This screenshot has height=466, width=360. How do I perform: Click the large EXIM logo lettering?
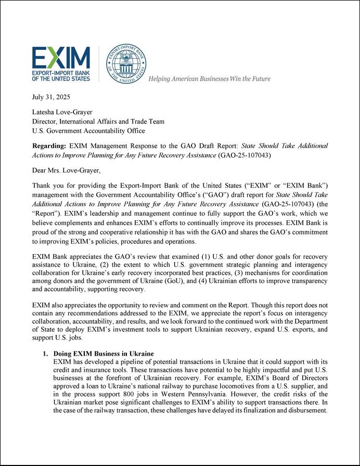61,57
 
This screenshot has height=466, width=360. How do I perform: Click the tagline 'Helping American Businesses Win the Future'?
210,79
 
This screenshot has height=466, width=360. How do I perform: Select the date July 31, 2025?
51,97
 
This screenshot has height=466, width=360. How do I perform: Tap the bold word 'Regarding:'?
49,146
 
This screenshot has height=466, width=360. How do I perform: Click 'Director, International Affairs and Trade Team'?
98,121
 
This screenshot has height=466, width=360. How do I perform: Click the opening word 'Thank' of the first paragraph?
42,185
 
